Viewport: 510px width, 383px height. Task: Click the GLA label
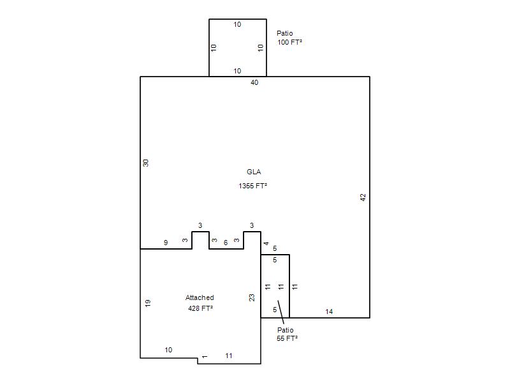pos(254,172)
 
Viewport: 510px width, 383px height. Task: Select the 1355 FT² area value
pos(252,186)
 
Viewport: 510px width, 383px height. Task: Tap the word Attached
pos(200,297)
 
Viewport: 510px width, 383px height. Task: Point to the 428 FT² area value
pos(200,308)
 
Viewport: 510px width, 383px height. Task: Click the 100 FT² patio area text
pos(289,42)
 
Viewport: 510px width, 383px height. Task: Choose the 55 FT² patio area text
pos(288,339)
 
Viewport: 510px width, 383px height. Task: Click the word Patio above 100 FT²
pos(284,33)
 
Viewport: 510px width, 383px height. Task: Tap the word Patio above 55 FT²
pos(285,330)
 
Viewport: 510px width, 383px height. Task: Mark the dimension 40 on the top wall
pos(254,83)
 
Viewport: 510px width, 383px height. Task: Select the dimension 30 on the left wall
pos(146,163)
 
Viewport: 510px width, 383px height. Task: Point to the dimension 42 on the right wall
pos(363,197)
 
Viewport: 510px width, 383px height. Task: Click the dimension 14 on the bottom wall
pos(329,312)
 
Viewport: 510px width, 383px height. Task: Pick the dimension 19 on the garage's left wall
pos(148,303)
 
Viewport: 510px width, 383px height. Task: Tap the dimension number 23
pos(252,297)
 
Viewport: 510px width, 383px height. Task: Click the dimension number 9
pos(166,243)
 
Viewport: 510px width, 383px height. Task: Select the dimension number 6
pos(226,243)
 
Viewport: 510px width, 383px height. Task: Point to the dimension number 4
pos(266,243)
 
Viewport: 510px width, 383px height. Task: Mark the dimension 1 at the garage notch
pos(204,357)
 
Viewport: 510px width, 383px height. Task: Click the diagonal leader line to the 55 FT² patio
pos(281,312)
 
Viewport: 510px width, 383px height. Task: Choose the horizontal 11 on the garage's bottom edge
pos(229,356)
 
